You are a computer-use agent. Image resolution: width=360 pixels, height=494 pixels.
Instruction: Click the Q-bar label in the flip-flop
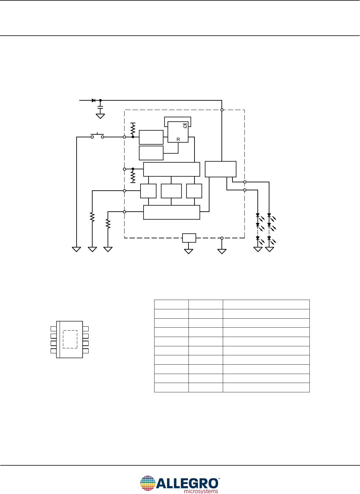tap(185, 126)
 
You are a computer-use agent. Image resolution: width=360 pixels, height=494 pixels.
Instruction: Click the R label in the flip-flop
tap(178, 139)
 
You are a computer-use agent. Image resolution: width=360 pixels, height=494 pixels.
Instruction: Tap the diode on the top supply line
tap(94, 100)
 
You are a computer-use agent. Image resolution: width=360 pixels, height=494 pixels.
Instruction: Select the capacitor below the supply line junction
tap(100, 107)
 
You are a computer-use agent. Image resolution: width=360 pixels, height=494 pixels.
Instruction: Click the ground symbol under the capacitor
tap(100, 116)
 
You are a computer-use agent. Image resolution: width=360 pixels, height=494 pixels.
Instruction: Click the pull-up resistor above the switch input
tap(133, 128)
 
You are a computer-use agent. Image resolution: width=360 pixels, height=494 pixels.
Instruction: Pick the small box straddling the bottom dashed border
tap(189, 238)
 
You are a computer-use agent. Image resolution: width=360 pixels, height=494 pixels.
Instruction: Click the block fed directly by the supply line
tap(220, 169)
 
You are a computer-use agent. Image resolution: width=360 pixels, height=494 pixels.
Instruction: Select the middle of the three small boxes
tap(171, 191)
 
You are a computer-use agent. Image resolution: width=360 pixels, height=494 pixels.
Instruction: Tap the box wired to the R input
tap(151, 153)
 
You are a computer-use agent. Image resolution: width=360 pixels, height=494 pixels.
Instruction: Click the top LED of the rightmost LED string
tap(269, 216)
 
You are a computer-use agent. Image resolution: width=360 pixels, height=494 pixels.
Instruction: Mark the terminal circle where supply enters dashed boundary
tap(222, 110)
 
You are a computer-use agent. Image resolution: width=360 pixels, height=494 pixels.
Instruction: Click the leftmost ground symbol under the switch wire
tap(77, 249)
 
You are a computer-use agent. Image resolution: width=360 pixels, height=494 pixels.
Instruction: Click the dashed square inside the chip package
tap(70, 339)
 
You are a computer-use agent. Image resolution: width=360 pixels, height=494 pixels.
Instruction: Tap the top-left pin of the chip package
tap(53, 329)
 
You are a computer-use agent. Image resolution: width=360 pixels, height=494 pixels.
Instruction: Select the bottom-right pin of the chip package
tap(86, 351)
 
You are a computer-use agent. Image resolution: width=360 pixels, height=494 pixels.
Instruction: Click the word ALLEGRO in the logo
tap(187, 483)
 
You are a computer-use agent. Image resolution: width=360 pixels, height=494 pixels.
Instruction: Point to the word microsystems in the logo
tap(201, 491)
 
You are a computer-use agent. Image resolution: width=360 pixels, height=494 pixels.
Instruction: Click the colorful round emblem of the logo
tap(148, 483)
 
